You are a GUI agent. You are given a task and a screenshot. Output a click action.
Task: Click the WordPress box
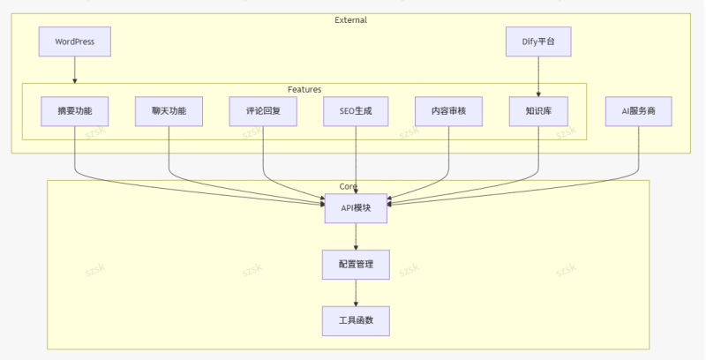[74, 41]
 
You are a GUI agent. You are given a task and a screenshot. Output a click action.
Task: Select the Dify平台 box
[538, 41]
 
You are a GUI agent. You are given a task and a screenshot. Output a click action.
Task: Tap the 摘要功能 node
[74, 111]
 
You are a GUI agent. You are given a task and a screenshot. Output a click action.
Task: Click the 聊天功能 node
[169, 111]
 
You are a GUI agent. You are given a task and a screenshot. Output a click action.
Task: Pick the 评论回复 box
[262, 111]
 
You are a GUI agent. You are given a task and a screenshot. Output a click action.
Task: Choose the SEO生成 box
[356, 111]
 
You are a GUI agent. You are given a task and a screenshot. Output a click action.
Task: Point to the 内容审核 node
[449, 111]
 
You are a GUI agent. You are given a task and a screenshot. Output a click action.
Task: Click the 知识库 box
[538, 111]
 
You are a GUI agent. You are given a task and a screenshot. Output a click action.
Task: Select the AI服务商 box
[638, 111]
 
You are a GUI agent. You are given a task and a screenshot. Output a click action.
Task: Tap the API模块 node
[356, 208]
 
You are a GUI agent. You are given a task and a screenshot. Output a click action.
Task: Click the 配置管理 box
[356, 264]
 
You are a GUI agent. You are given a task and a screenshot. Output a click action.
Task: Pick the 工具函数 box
[356, 320]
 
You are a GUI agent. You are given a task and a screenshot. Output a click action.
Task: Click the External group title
[350, 19]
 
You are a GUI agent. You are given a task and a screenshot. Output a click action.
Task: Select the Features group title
[304, 89]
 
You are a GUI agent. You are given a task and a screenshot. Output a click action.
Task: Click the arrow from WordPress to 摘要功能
[74, 70]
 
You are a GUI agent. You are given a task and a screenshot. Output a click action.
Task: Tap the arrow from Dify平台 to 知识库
[538, 70]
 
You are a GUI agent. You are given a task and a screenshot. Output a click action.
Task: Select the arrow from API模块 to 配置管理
[356, 236]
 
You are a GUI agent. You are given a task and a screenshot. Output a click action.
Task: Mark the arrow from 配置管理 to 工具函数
[356, 292]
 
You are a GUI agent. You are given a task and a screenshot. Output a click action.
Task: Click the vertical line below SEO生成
[356, 159]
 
